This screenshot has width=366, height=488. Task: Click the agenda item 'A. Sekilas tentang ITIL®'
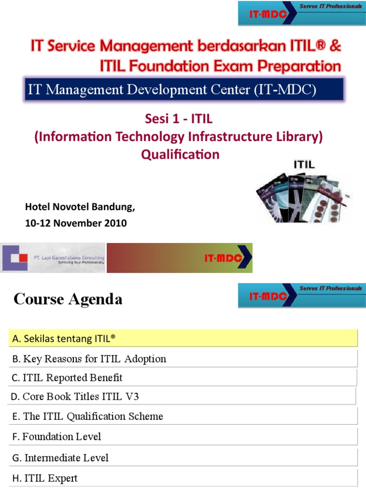(64, 338)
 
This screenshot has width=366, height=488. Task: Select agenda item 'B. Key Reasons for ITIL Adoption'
(89, 359)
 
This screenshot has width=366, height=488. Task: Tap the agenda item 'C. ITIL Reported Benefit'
(67, 378)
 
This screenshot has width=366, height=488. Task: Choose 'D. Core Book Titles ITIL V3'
(75, 396)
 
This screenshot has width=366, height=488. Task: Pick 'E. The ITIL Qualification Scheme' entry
(88, 416)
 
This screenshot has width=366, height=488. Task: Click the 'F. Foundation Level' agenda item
(57, 436)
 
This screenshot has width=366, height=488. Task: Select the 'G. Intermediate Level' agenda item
(61, 457)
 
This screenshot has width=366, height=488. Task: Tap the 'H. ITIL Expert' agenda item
(45, 478)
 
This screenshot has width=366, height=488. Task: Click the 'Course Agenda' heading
(68, 299)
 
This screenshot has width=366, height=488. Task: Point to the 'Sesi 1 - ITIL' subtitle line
(178, 119)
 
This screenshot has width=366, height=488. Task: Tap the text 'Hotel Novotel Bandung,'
(80, 207)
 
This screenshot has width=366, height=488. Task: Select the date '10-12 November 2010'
(76, 223)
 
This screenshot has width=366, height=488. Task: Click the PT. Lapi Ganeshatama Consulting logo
(53, 258)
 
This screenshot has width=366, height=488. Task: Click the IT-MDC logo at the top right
(301, 13)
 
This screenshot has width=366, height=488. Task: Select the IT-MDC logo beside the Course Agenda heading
(301, 295)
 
